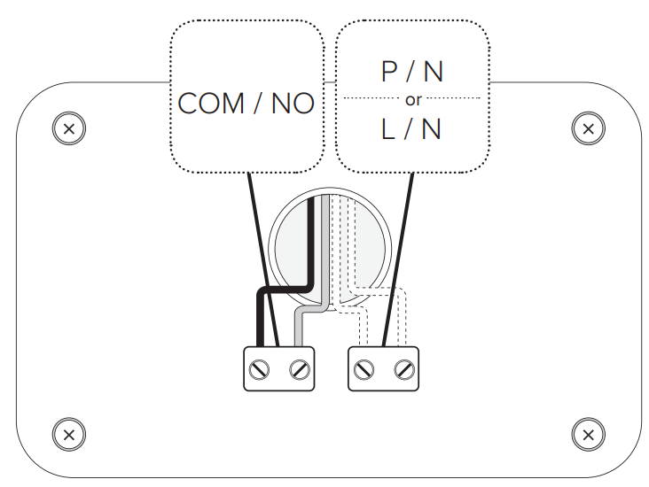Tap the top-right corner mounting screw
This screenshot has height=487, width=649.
(587, 128)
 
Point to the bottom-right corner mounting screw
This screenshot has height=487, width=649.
(587, 434)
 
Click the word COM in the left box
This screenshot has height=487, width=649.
(211, 104)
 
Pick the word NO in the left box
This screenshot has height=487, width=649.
(293, 104)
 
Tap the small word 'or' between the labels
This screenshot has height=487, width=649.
(413, 99)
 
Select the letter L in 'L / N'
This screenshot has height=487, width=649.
(389, 130)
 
